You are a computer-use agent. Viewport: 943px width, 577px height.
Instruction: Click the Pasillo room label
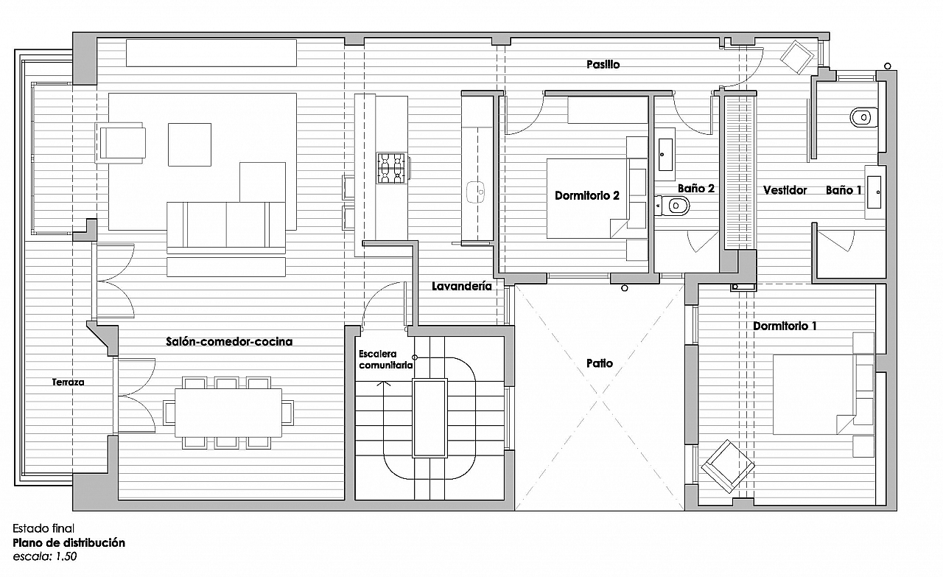[x=603, y=64]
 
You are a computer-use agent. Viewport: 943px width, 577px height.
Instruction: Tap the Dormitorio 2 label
[x=587, y=195]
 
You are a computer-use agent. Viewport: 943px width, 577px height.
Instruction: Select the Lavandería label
[x=462, y=286]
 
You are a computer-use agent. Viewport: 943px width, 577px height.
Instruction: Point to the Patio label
[x=600, y=363]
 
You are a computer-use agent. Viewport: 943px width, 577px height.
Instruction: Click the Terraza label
[x=69, y=382]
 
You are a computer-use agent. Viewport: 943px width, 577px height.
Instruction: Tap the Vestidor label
[x=785, y=190]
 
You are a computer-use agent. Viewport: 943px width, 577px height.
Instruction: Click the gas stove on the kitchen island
[x=391, y=168]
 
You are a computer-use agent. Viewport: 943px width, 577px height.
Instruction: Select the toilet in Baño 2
[x=673, y=206]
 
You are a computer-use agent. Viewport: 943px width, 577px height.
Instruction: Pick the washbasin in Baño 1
[x=874, y=192]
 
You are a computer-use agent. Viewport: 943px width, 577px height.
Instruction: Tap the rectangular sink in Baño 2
[x=665, y=155]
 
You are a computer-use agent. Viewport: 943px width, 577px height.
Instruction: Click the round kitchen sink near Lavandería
[x=476, y=192]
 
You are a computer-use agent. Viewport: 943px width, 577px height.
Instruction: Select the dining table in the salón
[x=228, y=413]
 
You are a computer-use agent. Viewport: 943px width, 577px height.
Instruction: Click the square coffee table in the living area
[x=189, y=144]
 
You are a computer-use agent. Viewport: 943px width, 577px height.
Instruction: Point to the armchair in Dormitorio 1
[x=727, y=466]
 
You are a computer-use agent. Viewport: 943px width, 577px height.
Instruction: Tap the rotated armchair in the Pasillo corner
[x=796, y=57]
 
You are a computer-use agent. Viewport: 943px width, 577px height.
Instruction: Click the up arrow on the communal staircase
[x=383, y=383]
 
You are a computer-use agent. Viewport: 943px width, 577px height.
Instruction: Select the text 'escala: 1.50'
[x=45, y=557]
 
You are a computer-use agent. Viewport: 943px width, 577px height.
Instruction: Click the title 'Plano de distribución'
[x=69, y=542]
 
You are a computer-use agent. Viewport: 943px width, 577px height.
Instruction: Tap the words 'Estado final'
[x=43, y=528]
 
